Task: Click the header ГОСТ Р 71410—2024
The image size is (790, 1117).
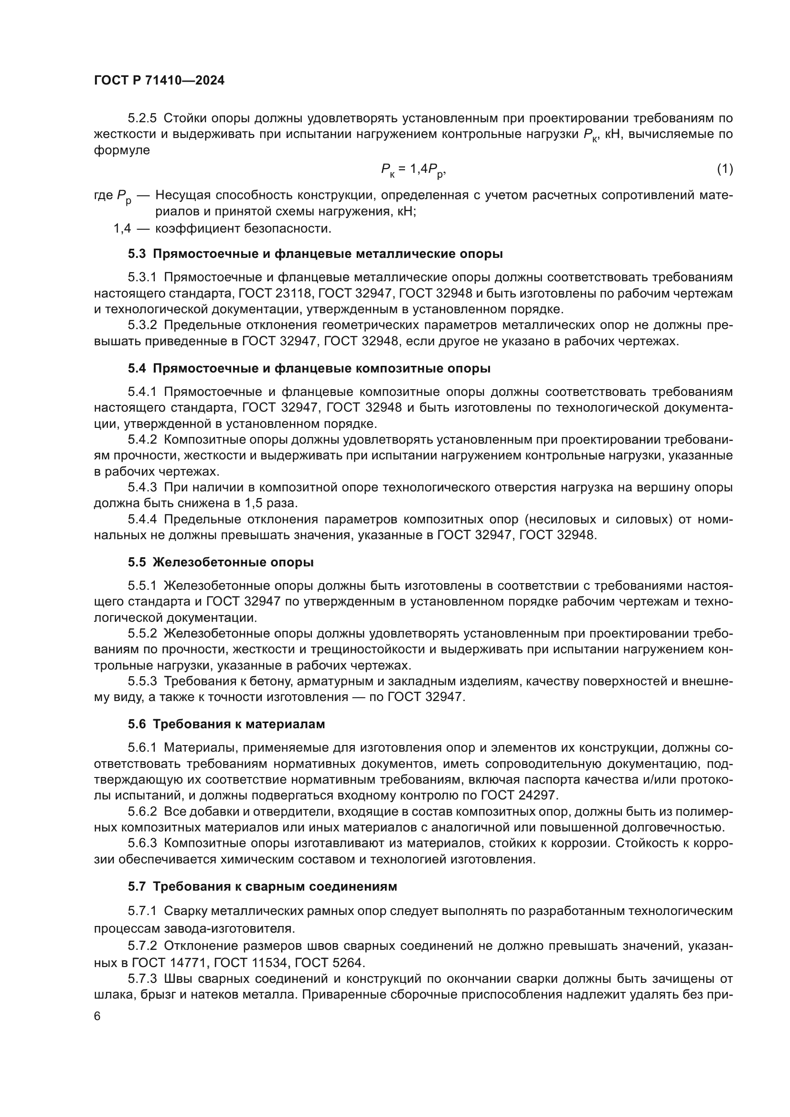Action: [159, 81]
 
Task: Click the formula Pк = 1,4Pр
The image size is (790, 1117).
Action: [413, 170]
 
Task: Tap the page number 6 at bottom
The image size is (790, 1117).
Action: [97, 1016]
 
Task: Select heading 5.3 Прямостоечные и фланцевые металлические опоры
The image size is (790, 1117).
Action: [315, 254]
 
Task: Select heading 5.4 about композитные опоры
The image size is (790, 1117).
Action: [309, 368]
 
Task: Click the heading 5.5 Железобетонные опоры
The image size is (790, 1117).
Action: [220, 563]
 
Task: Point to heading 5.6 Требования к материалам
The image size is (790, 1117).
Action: [226, 724]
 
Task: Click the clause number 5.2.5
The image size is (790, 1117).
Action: [142, 118]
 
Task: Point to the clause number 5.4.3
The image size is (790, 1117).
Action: [142, 488]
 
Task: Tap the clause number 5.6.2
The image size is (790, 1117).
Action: [142, 811]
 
